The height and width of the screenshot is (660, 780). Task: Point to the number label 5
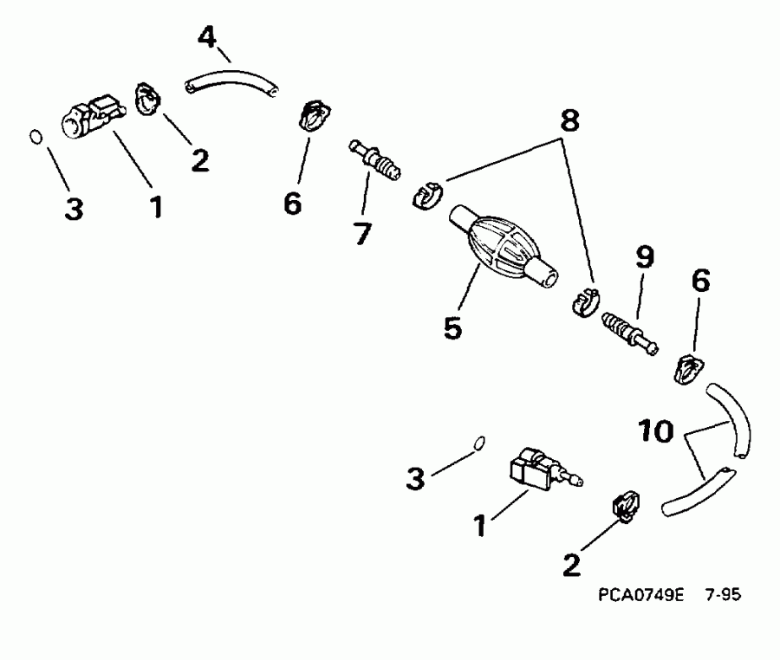pyautogui.click(x=452, y=328)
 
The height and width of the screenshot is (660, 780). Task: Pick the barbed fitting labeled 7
pyautogui.click(x=376, y=161)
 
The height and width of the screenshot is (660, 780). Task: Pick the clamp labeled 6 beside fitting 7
pyautogui.click(x=313, y=116)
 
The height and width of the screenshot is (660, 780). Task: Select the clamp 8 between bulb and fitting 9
pyautogui.click(x=584, y=300)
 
